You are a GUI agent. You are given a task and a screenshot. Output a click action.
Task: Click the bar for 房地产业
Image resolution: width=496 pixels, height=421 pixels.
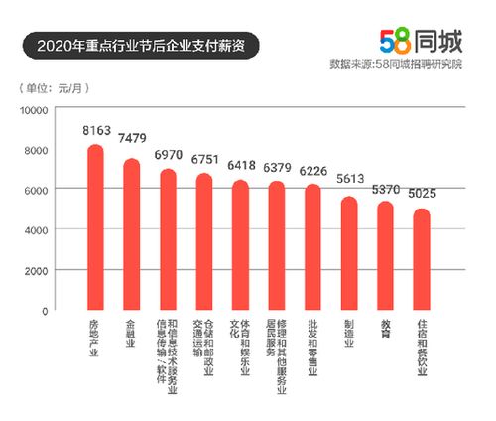click(96, 228)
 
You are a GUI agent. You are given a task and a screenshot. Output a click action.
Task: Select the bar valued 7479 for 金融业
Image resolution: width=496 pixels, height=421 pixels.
click(132, 235)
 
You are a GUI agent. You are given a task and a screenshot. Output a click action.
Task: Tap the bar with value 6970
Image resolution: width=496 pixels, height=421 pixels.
click(168, 240)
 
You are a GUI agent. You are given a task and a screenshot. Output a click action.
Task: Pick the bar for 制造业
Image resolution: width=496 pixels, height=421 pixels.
click(349, 254)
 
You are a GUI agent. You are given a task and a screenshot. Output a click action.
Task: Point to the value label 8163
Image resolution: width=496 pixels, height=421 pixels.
click(96, 129)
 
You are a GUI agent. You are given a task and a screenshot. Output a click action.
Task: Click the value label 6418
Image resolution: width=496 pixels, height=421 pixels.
click(240, 165)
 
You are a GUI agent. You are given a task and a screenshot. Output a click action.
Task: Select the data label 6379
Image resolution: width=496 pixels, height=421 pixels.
click(277, 166)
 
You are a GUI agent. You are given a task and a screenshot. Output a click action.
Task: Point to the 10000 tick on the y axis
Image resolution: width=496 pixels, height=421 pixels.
click(48, 109)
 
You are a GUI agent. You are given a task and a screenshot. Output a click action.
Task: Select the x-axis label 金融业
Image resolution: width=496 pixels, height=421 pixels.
click(132, 338)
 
